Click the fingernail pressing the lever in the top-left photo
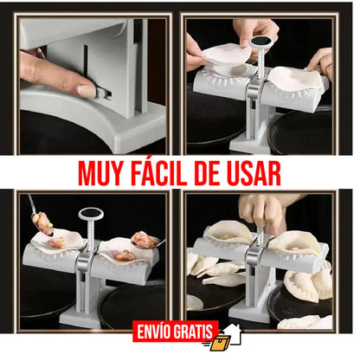pyautogui.click(x=87, y=90)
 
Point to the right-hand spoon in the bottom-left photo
pyautogui.click(x=143, y=239)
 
